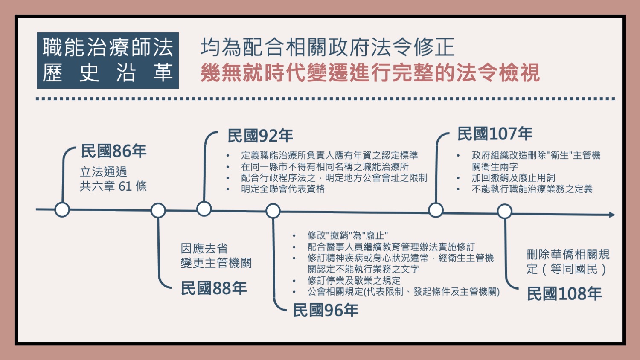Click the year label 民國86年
coord(114,151)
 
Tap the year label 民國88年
coord(214,288)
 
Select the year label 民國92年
coord(260,136)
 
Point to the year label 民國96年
coord(326,310)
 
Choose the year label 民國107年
coord(495,134)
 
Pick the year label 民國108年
coord(564,294)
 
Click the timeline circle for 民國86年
coord(62,210)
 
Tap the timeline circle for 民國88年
coord(158,211)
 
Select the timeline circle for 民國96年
coord(273,211)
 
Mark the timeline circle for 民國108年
coord(505,212)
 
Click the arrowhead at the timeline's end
coord(612,215)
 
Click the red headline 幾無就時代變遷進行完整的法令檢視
coord(370,73)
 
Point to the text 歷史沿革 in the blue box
coord(108,73)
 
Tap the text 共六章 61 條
coord(113,186)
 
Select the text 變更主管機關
coord(216,263)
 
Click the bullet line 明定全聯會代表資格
coord(283,189)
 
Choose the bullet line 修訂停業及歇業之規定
coord(354,280)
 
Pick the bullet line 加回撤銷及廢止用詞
coord(513,178)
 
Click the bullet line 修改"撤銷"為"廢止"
coord(348,236)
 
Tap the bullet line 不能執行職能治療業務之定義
coord(532,189)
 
